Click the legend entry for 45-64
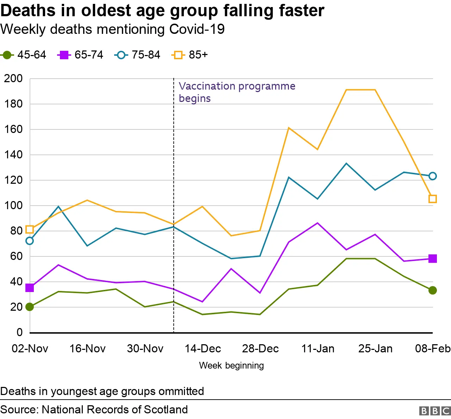tap(24, 55)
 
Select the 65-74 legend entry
tap(81, 55)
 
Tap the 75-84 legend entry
tap(138, 55)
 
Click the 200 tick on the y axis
tap(13, 79)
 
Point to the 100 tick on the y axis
tap(13, 206)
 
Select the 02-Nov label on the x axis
tap(30, 349)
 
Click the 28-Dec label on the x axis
tap(260, 349)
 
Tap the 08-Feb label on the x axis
tap(433, 349)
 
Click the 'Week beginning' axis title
tap(231, 365)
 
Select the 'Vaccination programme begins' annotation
tap(237, 92)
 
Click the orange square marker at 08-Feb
tap(433, 199)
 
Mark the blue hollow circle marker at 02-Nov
tap(30, 241)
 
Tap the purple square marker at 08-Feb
tap(433, 259)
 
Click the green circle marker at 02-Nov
tap(30, 307)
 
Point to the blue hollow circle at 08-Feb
tap(433, 176)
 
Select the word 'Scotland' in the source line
tap(166, 409)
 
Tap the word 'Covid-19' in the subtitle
tap(197, 29)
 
